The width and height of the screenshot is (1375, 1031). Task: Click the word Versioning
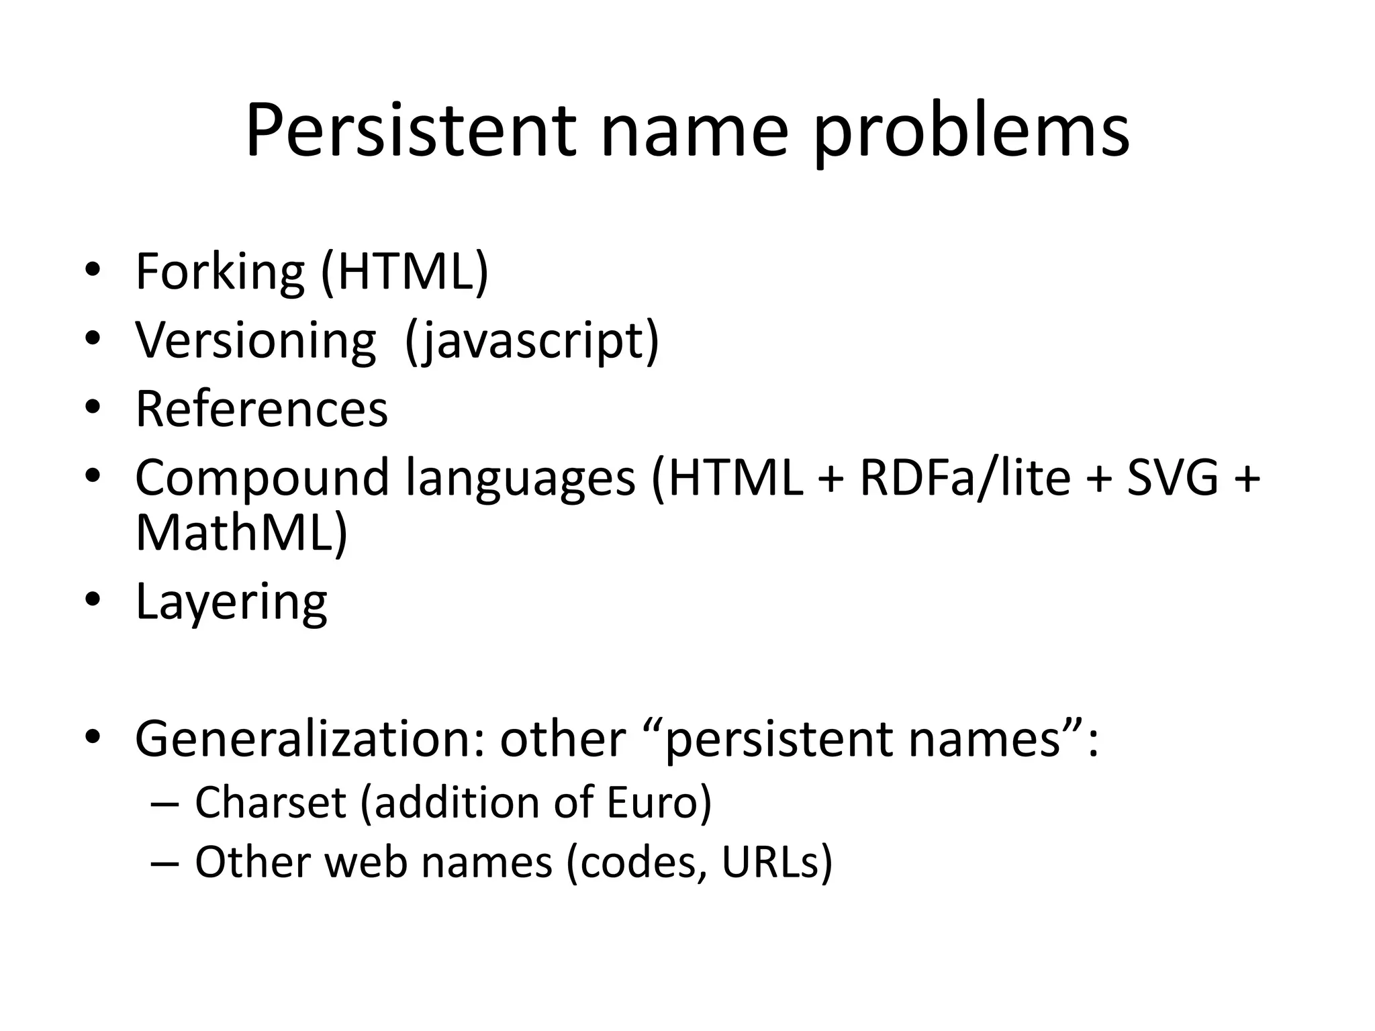(x=256, y=340)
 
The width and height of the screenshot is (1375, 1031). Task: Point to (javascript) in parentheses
(x=532, y=340)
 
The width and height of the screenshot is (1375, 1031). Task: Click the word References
(x=262, y=409)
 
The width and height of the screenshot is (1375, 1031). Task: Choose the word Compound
(x=262, y=477)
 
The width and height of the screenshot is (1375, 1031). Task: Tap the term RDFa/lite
(x=965, y=477)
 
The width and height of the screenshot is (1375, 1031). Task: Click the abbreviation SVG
(x=1172, y=477)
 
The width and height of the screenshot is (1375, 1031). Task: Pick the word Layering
(x=232, y=601)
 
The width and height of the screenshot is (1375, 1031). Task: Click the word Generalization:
(x=310, y=738)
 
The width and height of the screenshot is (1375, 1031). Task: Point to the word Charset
(x=270, y=802)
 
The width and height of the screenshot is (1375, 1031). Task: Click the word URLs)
(x=777, y=862)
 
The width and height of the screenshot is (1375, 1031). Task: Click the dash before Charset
(x=165, y=804)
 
